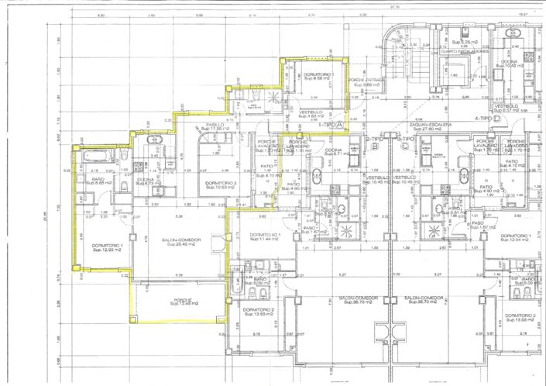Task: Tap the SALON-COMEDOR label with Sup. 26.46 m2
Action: click(x=182, y=243)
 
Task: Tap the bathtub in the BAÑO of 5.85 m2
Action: click(x=94, y=158)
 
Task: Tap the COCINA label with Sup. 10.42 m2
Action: click(x=509, y=64)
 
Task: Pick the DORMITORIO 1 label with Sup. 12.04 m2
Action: click(x=513, y=238)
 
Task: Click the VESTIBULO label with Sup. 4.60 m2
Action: click(x=310, y=114)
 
